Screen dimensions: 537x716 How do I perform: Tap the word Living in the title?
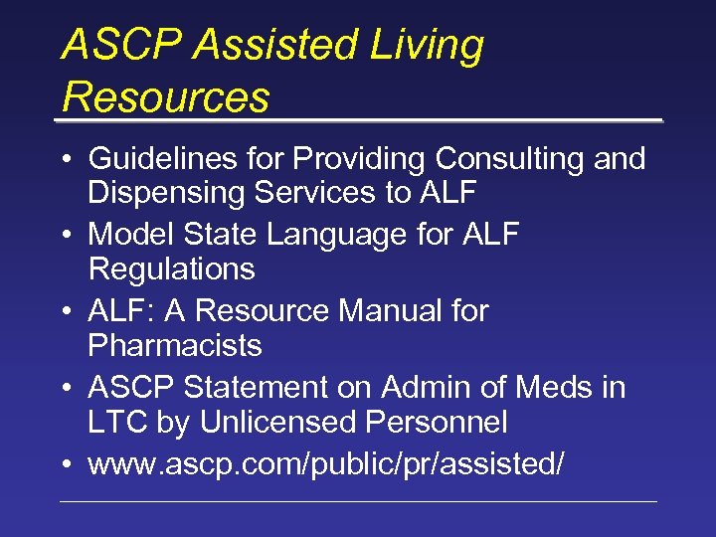click(427, 47)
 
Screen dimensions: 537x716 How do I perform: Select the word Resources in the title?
click(165, 97)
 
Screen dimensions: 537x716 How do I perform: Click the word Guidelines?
click(162, 159)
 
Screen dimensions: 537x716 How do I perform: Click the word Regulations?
click(171, 269)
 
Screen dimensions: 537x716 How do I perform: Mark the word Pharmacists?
click(175, 346)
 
